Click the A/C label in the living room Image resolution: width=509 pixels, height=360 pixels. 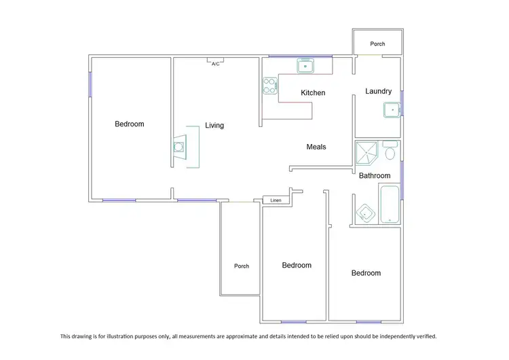pyautogui.click(x=215, y=64)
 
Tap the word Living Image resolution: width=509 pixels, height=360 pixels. pyautogui.click(x=214, y=126)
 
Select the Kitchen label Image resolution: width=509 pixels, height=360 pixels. pyautogui.click(x=313, y=93)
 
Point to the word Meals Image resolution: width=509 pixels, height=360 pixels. pyautogui.click(x=316, y=147)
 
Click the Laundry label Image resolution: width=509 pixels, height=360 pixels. pyautogui.click(x=378, y=92)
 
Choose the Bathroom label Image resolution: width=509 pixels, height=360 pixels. pyautogui.click(x=375, y=176)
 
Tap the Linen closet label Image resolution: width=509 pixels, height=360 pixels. pyautogui.click(x=276, y=200)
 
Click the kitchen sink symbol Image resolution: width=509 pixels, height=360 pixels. pyautogui.click(x=305, y=67)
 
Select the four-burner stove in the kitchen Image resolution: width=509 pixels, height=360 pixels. pyautogui.click(x=271, y=86)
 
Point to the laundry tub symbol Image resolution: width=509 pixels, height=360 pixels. pyautogui.click(x=392, y=109)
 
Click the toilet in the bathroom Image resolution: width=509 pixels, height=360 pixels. pyautogui.click(x=390, y=151)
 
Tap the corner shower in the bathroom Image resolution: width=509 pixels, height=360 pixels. pyautogui.click(x=368, y=153)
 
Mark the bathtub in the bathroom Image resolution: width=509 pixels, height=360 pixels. pyautogui.click(x=390, y=203)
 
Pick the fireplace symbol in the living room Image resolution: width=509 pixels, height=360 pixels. pyautogui.click(x=179, y=147)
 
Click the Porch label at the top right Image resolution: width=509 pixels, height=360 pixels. pyautogui.click(x=377, y=44)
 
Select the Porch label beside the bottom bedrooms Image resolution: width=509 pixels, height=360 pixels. pyautogui.click(x=242, y=266)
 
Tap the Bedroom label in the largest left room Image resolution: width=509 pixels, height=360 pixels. pyautogui.click(x=129, y=124)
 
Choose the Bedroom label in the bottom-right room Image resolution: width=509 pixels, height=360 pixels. pyautogui.click(x=366, y=273)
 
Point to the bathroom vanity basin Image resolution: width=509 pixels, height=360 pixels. pyautogui.click(x=366, y=213)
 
